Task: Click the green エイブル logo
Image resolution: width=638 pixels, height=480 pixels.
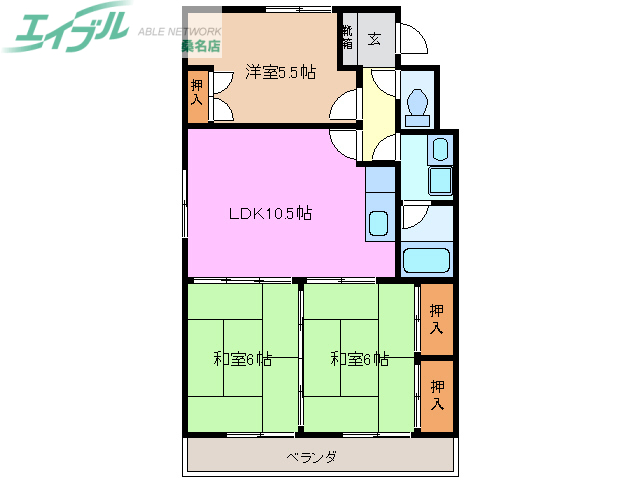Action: point(68,31)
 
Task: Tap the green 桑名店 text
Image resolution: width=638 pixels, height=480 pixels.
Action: point(202,45)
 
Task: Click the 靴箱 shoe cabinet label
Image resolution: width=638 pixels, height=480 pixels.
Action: point(347,38)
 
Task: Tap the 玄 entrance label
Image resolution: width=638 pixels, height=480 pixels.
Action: point(374,40)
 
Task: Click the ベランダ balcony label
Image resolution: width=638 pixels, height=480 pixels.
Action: point(311,457)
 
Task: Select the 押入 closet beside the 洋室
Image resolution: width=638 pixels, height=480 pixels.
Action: point(197,94)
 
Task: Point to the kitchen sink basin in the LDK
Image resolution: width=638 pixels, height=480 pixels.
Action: point(380,223)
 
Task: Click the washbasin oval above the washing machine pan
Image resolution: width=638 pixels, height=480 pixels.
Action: point(440,152)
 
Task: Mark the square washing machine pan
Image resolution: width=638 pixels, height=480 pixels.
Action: point(440,182)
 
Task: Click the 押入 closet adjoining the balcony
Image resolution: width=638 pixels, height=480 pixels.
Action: point(437,395)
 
